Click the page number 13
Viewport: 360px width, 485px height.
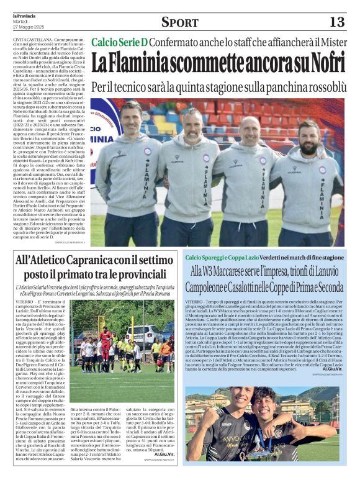tap(336, 22)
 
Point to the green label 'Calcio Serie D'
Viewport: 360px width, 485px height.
tap(120, 42)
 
